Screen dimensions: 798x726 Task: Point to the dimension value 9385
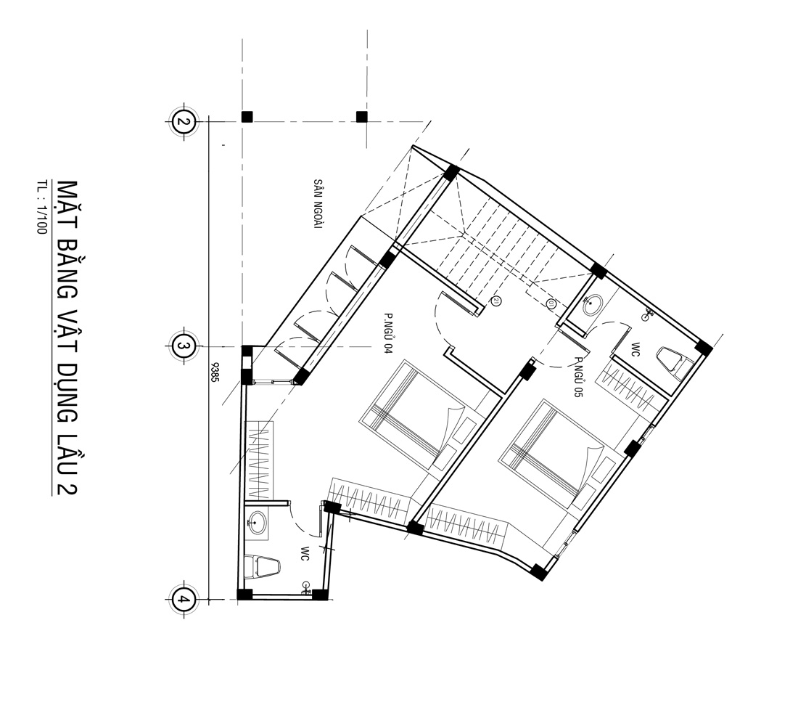(x=215, y=372)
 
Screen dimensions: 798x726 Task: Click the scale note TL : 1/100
(x=41, y=207)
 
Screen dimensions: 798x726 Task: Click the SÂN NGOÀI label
(x=318, y=203)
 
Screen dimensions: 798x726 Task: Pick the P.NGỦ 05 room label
(x=577, y=377)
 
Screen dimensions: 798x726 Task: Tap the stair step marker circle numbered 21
(x=496, y=301)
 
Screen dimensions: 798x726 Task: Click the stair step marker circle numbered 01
(x=551, y=304)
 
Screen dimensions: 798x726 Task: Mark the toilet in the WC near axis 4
(x=263, y=567)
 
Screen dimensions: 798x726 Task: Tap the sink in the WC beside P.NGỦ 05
(x=593, y=305)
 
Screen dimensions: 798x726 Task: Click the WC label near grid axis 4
(x=305, y=554)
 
